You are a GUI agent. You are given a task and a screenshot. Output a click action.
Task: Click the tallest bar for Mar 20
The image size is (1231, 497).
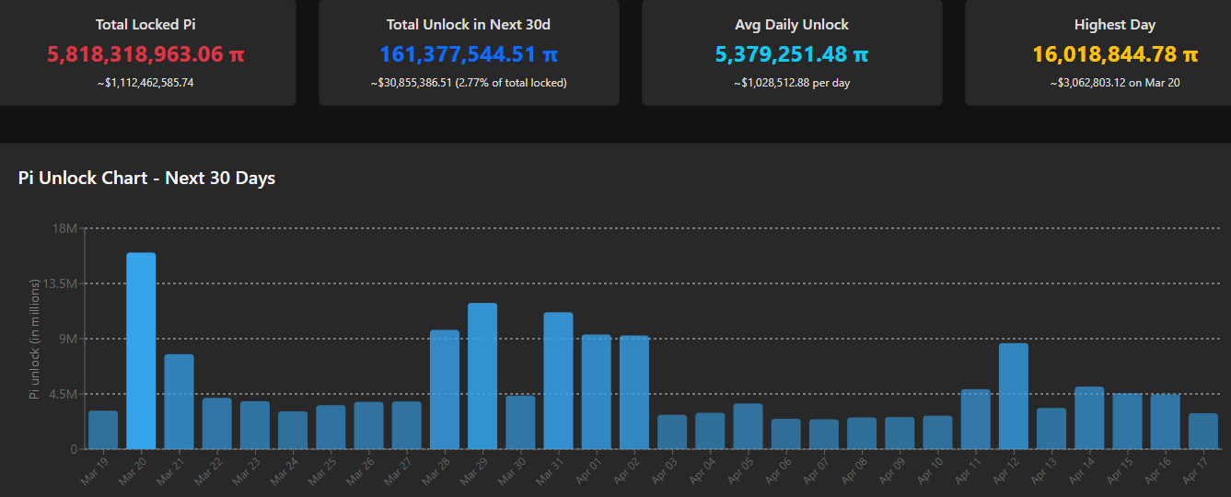tap(141, 351)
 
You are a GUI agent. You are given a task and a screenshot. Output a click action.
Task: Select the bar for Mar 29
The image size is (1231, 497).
tap(482, 376)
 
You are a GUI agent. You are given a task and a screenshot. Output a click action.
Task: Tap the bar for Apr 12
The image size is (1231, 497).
tap(1013, 396)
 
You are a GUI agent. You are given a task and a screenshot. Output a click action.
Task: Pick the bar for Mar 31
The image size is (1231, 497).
tap(558, 380)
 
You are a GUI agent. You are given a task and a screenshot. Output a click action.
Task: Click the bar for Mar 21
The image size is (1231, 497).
tap(179, 401)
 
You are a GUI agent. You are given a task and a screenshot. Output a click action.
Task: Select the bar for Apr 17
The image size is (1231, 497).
tap(1202, 431)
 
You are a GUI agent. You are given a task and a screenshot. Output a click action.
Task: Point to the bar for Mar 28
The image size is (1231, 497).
tap(445, 389)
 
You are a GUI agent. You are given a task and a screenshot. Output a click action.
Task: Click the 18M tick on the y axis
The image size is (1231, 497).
tap(64, 228)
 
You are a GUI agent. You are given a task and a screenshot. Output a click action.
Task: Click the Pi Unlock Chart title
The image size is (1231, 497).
tap(146, 179)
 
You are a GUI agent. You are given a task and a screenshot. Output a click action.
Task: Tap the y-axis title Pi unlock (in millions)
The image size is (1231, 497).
tap(35, 339)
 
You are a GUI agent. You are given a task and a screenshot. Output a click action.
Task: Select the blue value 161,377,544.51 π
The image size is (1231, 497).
tap(469, 55)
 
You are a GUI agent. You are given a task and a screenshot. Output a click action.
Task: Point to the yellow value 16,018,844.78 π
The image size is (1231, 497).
tap(1115, 55)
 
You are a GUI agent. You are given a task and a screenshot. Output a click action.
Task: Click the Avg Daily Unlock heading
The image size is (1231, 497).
tap(792, 25)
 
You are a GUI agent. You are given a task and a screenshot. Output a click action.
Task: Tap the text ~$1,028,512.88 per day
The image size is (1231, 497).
tap(792, 83)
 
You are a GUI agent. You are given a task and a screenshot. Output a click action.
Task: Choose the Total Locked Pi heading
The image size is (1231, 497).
tap(145, 25)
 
